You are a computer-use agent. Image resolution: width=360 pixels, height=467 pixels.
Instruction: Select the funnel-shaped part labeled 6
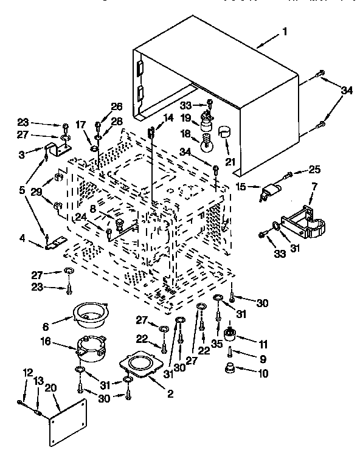point(89,315)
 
